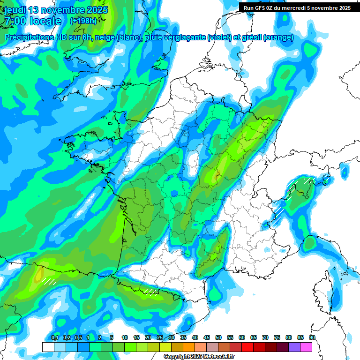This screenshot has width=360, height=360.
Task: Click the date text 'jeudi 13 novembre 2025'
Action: click(x=55, y=10)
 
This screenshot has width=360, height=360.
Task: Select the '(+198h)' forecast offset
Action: click(x=83, y=21)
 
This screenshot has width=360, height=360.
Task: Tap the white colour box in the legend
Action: click(x=48, y=347)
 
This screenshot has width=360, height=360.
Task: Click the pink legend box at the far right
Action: click(x=306, y=347)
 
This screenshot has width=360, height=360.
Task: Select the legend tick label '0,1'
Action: click(x=54, y=338)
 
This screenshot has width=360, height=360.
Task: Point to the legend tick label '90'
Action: click(x=312, y=338)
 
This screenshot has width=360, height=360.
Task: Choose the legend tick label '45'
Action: click(x=207, y=338)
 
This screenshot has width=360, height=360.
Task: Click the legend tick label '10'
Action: click(x=125, y=338)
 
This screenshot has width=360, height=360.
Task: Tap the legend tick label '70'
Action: click(x=265, y=338)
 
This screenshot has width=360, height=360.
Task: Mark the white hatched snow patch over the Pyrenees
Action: click(x=151, y=291)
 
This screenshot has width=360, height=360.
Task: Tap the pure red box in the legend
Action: click(x=247, y=347)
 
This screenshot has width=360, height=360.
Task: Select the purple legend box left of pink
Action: click(x=294, y=347)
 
